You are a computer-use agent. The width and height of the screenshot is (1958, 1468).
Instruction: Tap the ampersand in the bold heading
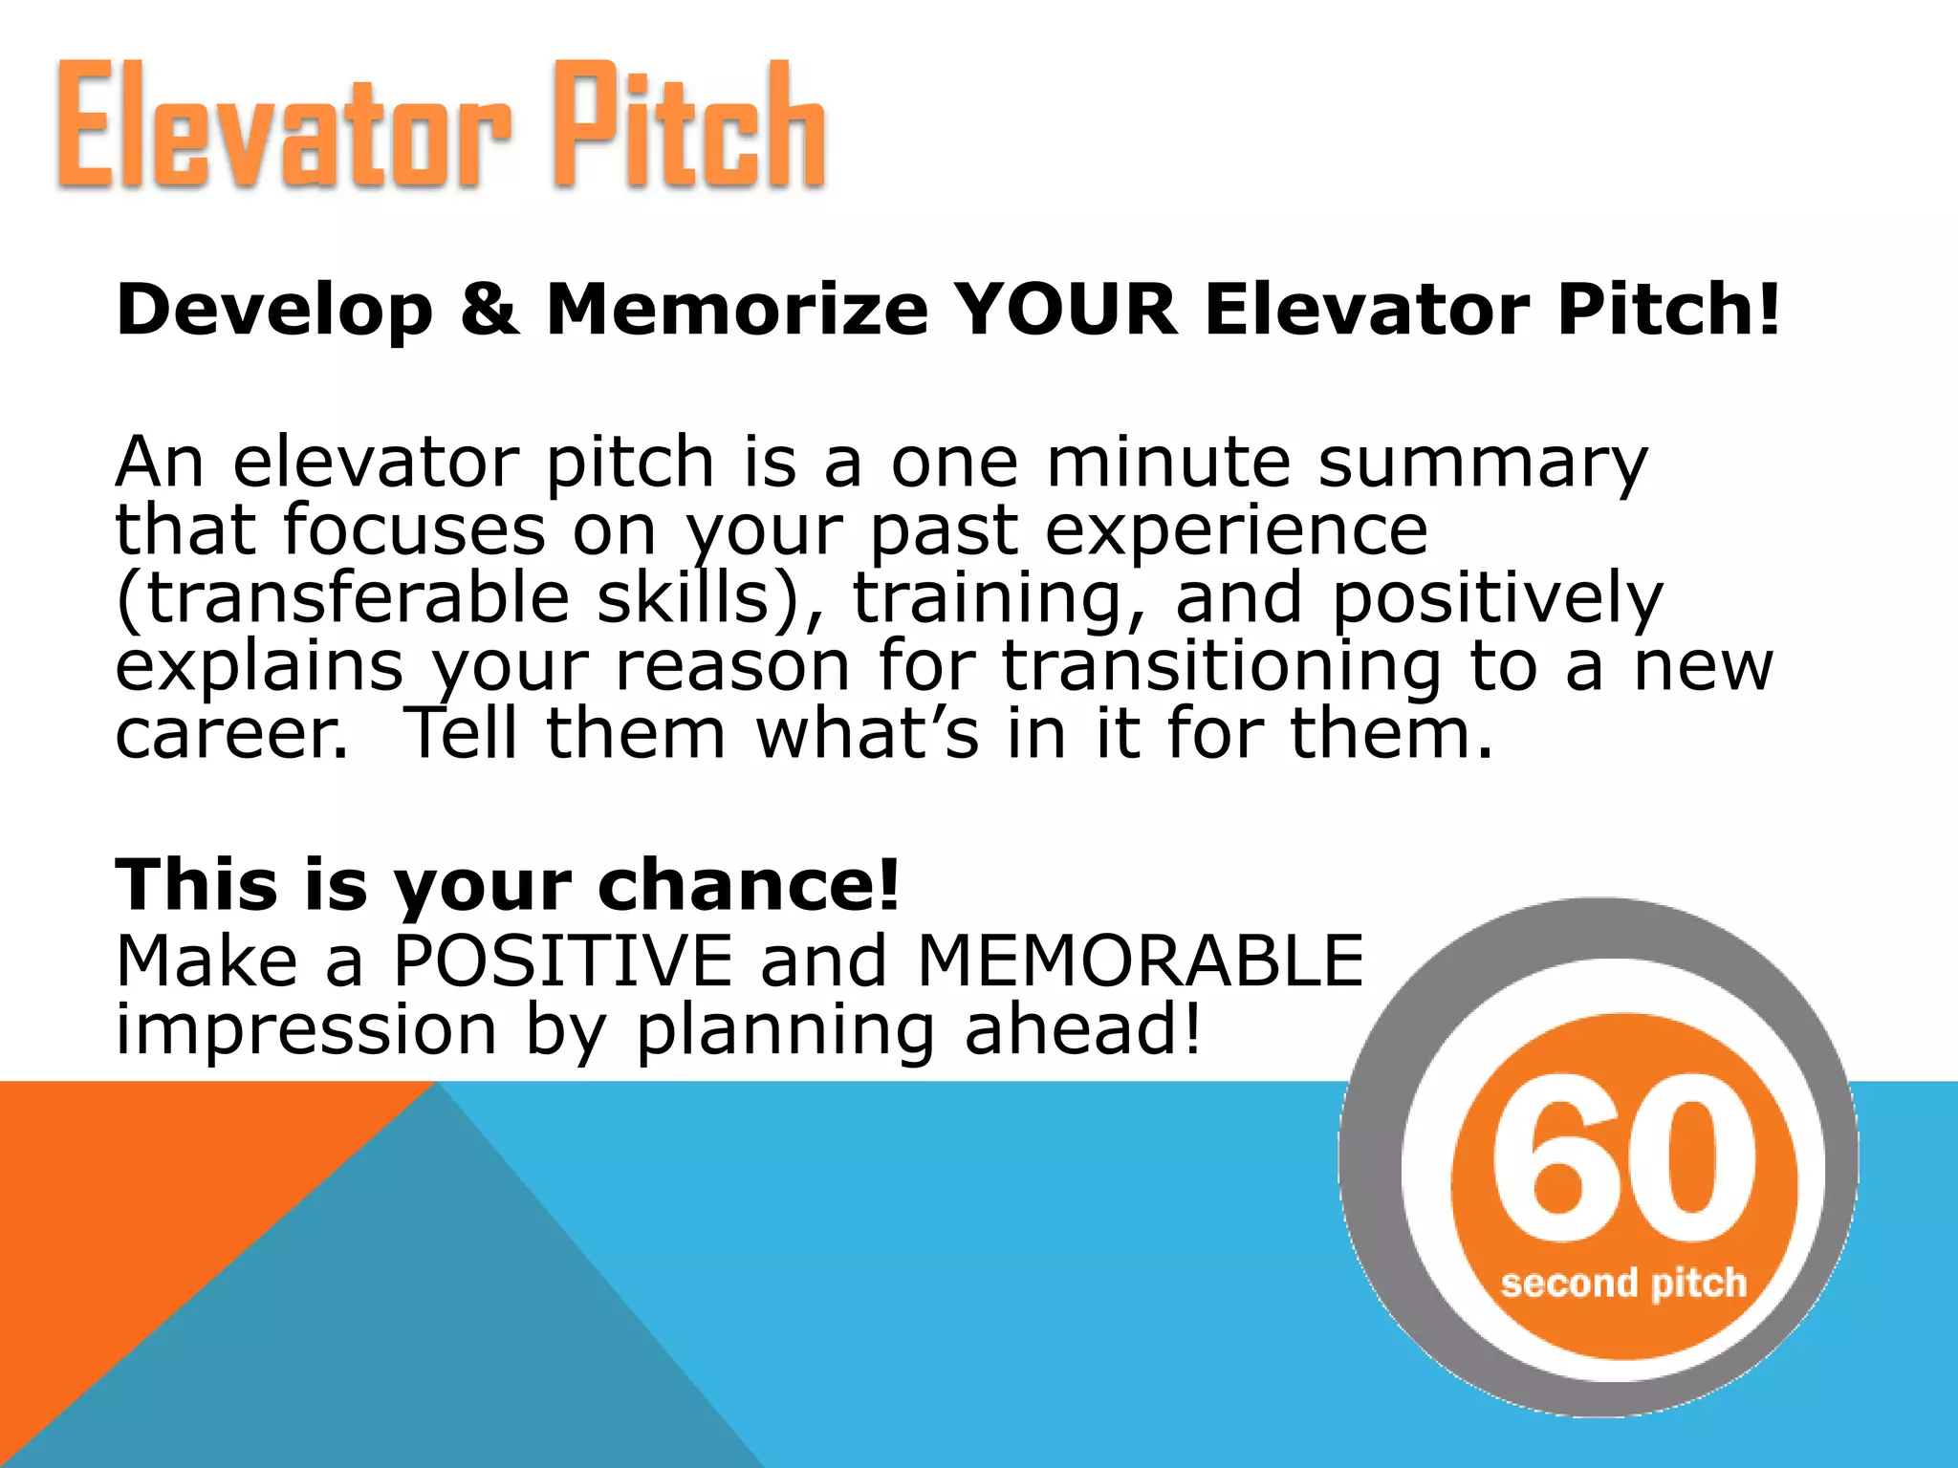coord(489,310)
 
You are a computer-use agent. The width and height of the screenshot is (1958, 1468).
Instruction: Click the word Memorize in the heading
coord(736,310)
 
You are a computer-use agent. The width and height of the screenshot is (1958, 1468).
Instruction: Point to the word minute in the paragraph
coord(1168,463)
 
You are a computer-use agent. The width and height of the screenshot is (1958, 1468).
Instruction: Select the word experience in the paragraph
coord(1236,531)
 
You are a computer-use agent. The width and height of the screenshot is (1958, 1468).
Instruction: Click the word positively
coord(1498,599)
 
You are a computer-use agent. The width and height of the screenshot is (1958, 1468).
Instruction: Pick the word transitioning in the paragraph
coord(1221,667)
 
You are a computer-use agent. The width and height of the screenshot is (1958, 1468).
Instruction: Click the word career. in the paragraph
coord(232,734)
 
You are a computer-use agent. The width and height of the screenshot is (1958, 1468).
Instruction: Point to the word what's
coord(867,734)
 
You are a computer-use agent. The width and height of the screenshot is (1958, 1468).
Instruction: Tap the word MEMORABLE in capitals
coord(1140,961)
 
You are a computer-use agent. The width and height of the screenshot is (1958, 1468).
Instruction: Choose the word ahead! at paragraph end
coord(1082,1030)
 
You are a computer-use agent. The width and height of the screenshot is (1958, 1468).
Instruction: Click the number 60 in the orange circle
coord(1624,1158)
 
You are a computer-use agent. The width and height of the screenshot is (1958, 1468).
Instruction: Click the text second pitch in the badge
coord(1623,1284)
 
